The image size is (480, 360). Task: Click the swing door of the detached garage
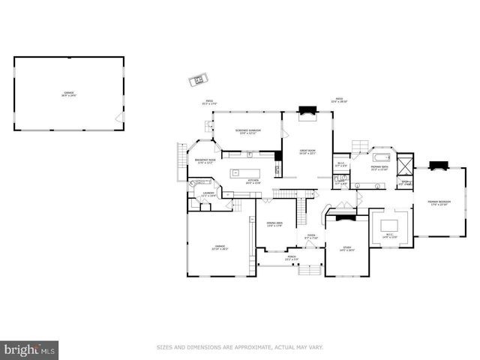[x=115, y=118]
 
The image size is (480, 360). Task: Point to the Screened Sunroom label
[x=247, y=132]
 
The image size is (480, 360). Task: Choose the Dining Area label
[x=274, y=224]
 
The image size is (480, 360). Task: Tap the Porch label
[x=291, y=259]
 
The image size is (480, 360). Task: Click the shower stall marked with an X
[x=405, y=164]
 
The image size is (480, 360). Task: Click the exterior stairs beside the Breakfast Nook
[x=181, y=157]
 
